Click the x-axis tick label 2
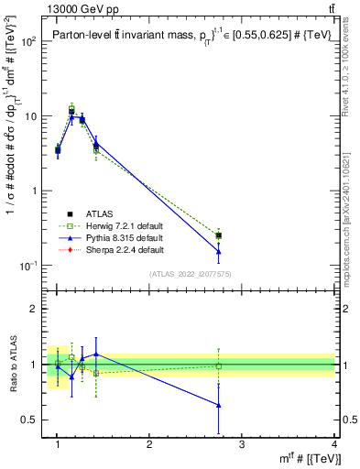149,444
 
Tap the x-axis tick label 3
242,444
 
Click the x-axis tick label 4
333,444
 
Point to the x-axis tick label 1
57,444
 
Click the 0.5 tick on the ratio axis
35,420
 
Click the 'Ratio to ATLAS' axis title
12,364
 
